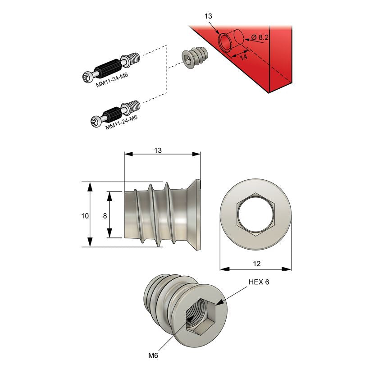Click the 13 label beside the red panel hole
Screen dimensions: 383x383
(208, 16)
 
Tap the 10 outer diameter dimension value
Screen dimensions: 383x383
(84, 215)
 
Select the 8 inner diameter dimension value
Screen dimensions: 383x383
(105, 215)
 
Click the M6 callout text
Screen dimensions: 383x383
(154, 356)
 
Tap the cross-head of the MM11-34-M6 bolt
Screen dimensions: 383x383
(87, 78)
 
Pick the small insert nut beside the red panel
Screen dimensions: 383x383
(193, 58)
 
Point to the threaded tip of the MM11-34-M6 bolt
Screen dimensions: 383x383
(133, 58)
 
